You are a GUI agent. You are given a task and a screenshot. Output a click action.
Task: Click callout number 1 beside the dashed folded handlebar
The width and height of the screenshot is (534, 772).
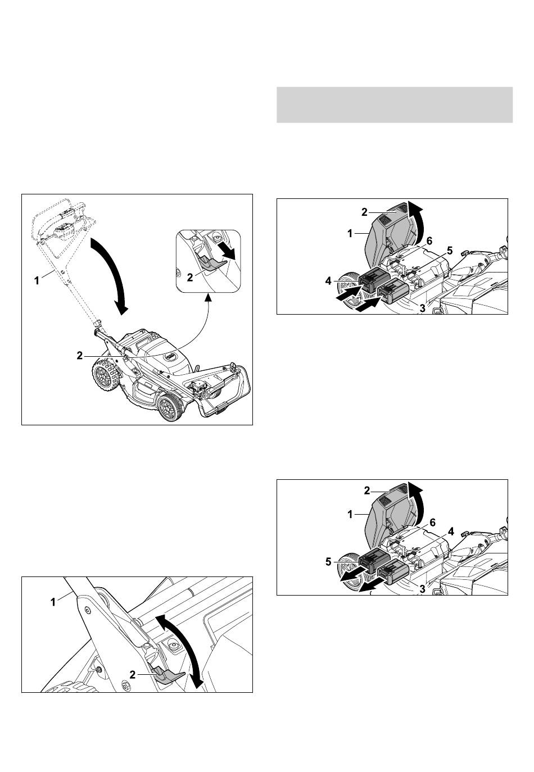(x=37, y=281)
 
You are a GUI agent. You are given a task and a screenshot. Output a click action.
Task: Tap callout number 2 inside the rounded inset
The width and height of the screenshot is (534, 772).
(x=190, y=277)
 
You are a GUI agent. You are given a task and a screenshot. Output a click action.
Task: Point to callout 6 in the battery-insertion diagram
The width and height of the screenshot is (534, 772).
(x=429, y=240)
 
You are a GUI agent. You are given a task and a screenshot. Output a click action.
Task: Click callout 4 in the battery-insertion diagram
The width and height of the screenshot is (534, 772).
(x=328, y=281)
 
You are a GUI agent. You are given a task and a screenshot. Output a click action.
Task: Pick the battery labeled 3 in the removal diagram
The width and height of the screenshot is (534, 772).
(x=393, y=571)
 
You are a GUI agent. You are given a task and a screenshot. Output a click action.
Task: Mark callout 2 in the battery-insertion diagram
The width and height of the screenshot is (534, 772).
(x=364, y=212)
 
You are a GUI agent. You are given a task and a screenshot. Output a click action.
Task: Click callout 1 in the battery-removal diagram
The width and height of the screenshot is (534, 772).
(x=350, y=515)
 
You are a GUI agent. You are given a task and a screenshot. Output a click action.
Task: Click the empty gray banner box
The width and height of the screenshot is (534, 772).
(x=395, y=105)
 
